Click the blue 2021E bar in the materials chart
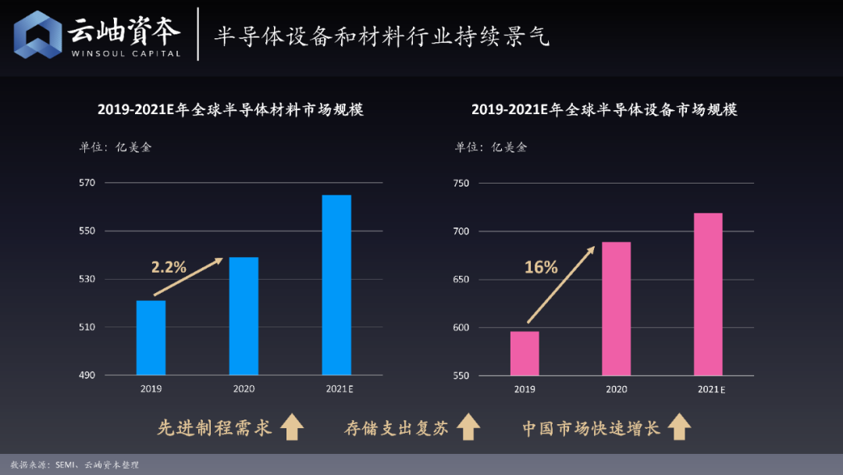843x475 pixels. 336,285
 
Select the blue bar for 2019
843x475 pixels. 151,337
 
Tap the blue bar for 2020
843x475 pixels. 244,316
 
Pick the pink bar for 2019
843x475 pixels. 525,353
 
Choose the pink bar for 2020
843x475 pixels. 617,309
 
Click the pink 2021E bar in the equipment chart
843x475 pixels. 708,295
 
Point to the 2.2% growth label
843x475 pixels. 169,267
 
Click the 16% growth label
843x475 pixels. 541,267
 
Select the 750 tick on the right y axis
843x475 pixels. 461,183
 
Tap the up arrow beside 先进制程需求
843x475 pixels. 292,427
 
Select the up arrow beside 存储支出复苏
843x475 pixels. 468,427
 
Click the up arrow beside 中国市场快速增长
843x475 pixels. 679,427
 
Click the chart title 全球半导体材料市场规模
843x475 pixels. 230,110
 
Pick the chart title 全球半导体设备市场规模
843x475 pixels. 604,110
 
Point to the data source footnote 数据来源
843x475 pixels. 74,465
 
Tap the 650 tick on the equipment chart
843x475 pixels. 461,279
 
